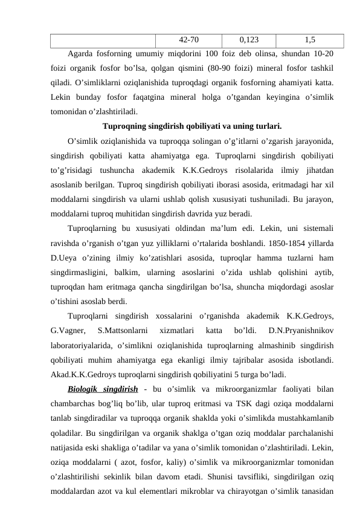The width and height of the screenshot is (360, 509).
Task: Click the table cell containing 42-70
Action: [x=190, y=40]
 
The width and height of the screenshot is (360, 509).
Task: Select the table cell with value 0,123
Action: [x=249, y=40]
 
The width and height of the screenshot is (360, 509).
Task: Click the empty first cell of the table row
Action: [x=103, y=40]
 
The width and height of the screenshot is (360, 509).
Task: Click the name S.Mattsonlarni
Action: [x=123, y=331]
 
